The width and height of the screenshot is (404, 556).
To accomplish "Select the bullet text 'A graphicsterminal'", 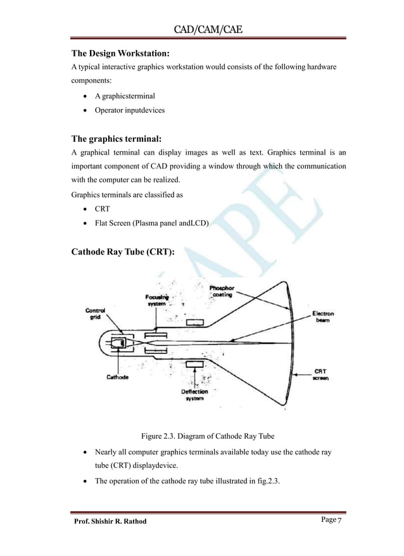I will tap(124, 96).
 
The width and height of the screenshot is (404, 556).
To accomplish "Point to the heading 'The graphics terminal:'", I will tap(119, 138).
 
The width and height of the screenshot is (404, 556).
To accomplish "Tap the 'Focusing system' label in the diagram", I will tap(157, 300).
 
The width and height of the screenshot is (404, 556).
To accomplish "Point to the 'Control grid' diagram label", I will tap(95, 314).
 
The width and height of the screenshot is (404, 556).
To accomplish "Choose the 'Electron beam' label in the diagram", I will tap(324, 317).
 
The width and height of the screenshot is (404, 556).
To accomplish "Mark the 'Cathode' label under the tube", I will tap(118, 378).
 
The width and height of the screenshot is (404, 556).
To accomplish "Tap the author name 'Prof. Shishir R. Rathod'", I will tap(110, 521).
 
